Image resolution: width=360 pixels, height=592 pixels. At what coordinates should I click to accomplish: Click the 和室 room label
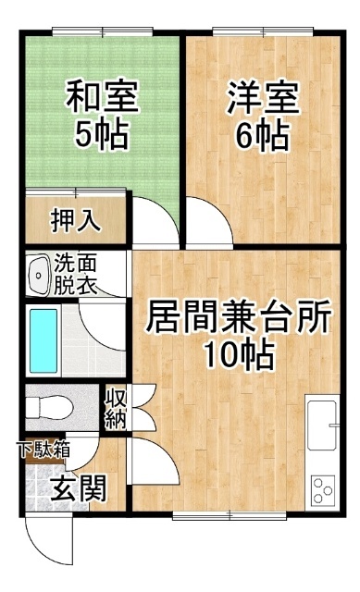pyautogui.click(x=102, y=96)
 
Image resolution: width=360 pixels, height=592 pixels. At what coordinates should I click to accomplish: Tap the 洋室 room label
pyautogui.click(x=263, y=98)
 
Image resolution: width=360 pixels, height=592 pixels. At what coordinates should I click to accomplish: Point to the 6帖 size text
pyautogui.click(x=262, y=136)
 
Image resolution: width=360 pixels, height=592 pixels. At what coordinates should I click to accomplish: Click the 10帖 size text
pyautogui.click(x=239, y=355)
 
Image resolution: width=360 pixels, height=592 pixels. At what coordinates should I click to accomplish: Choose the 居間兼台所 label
pyautogui.click(x=239, y=316)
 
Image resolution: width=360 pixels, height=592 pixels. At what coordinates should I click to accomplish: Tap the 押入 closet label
pyautogui.click(x=76, y=220)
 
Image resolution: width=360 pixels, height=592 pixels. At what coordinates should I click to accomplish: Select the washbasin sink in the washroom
pyautogui.click(x=38, y=275)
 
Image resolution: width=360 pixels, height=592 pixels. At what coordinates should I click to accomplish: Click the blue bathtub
pyautogui.click(x=43, y=340)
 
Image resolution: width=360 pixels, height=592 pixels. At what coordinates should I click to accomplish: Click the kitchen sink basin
pyautogui.click(x=322, y=425)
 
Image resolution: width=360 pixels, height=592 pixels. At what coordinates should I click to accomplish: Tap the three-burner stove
pyautogui.click(x=323, y=489)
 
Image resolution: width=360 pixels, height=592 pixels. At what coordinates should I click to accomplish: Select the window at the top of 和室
pyautogui.click(x=103, y=31)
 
